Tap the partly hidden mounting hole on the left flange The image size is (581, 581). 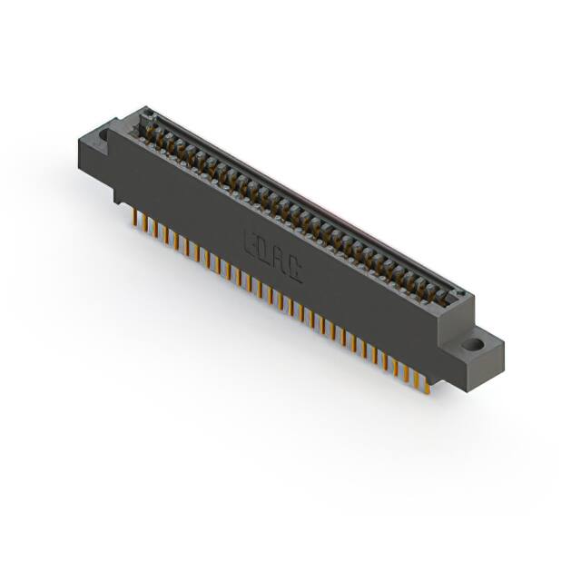[103, 136]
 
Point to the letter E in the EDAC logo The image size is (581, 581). [251, 241]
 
